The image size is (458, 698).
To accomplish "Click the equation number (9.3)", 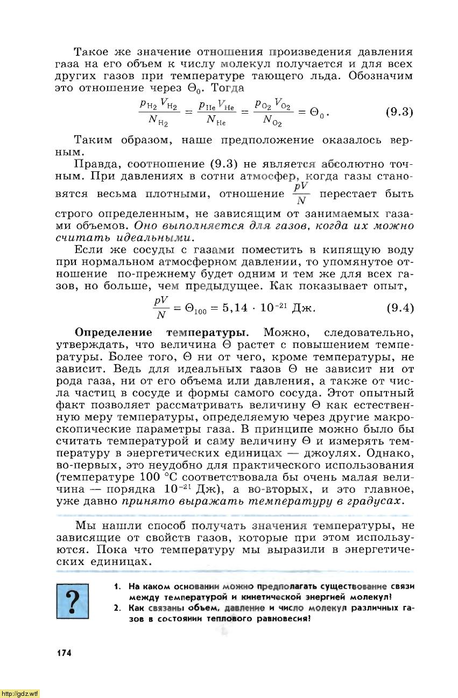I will click(399, 112).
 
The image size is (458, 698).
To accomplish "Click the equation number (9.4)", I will click(399, 308).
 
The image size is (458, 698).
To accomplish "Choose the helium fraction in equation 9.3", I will click(217, 113).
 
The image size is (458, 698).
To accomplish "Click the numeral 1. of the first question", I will click(117, 587).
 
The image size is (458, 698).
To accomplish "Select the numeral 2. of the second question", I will click(117, 608).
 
